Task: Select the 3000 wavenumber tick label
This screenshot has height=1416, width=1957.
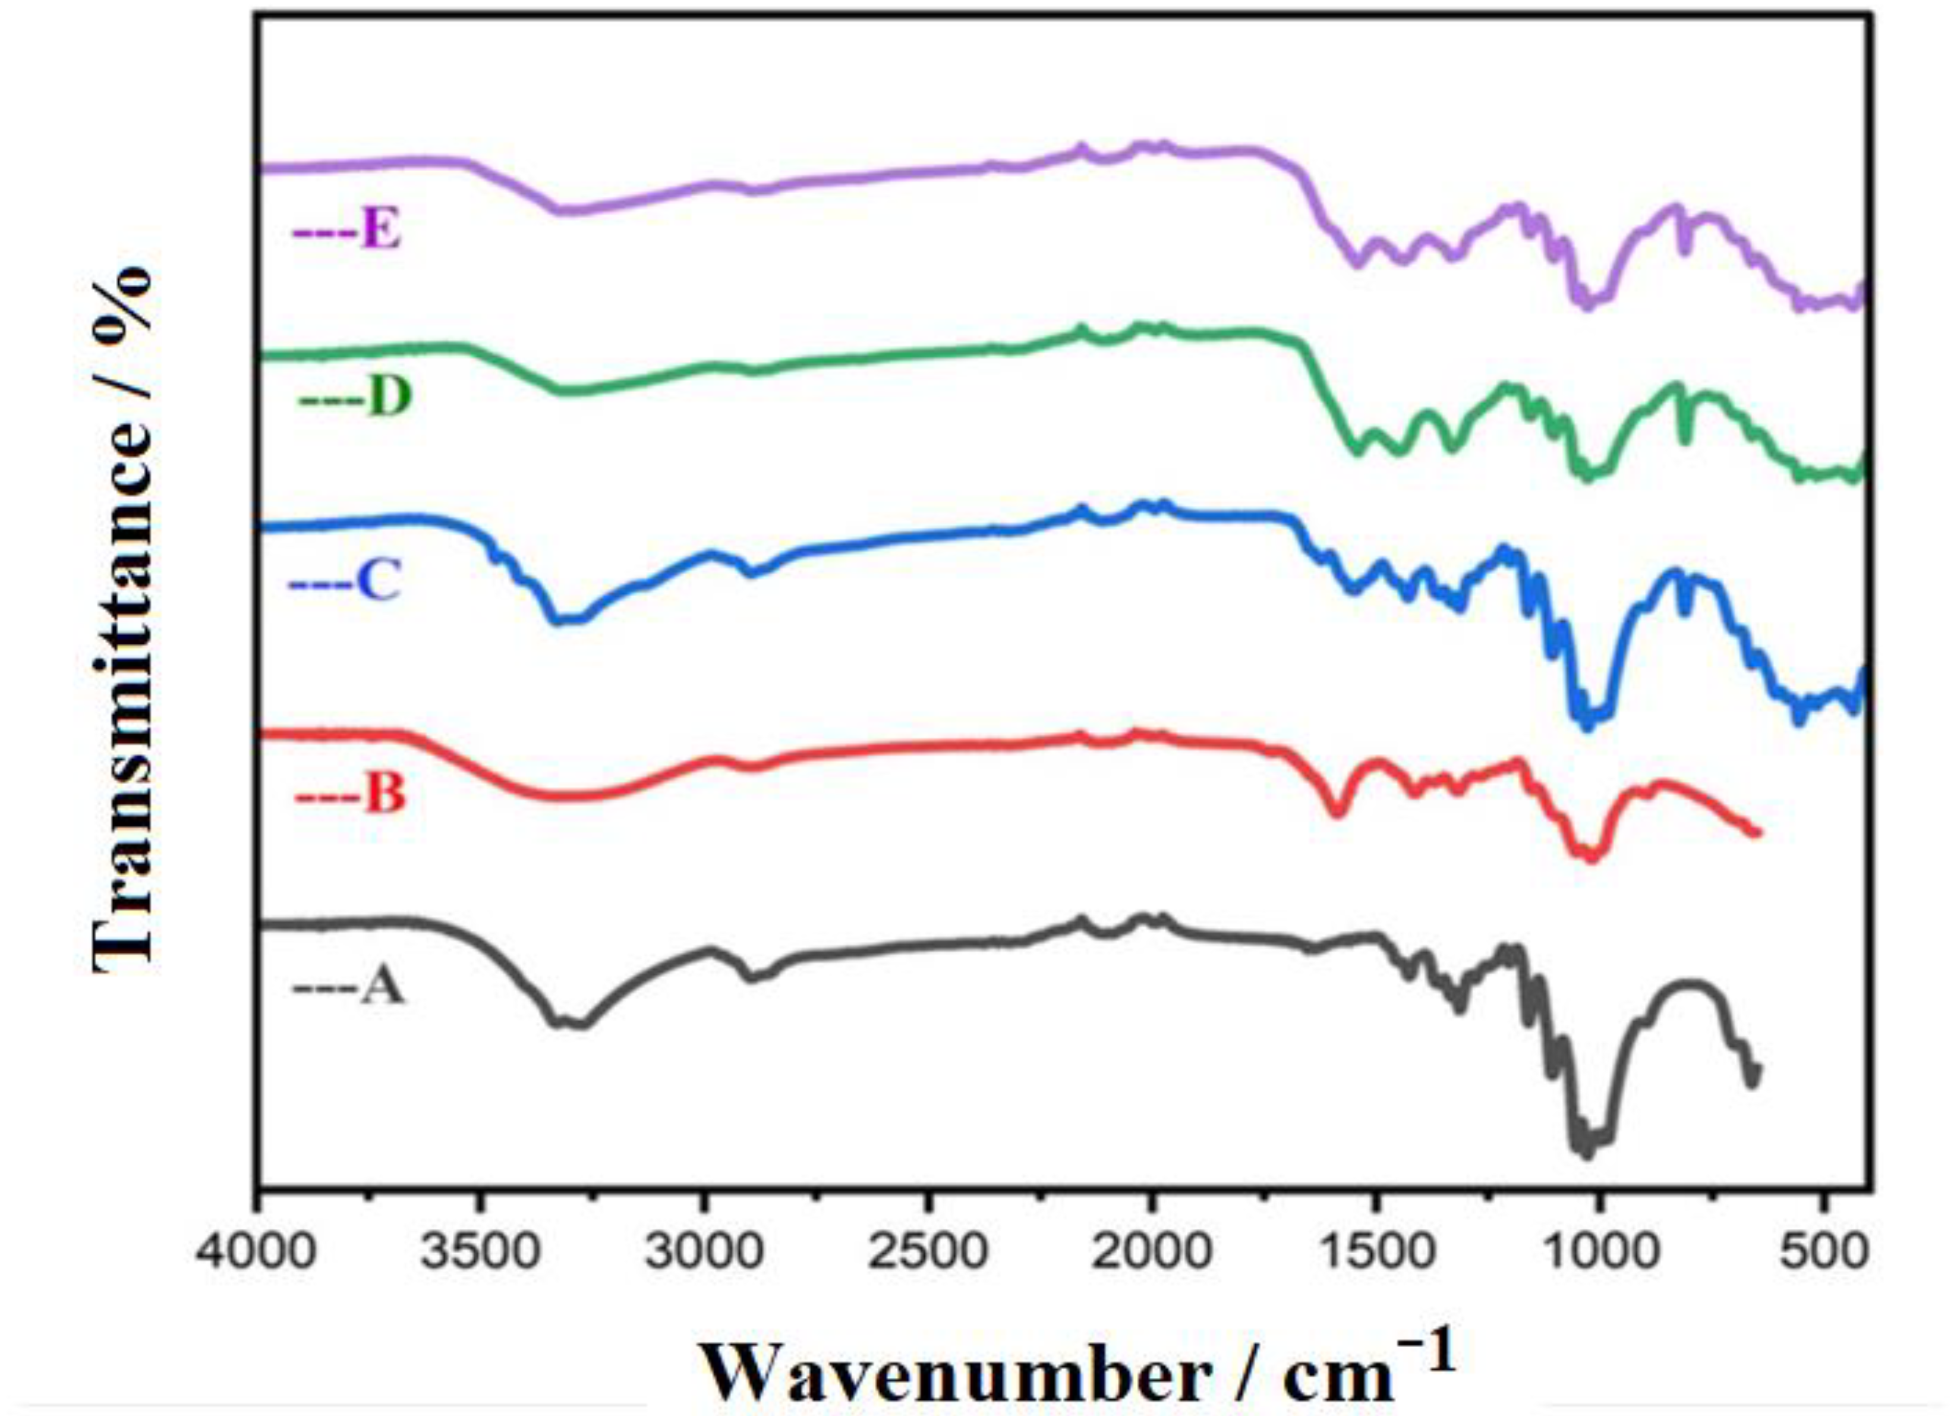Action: point(705,1252)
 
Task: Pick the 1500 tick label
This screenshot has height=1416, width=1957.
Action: point(1375,1252)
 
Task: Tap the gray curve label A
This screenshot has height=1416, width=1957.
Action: point(382,986)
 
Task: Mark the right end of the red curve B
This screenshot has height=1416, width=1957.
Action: point(1756,832)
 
